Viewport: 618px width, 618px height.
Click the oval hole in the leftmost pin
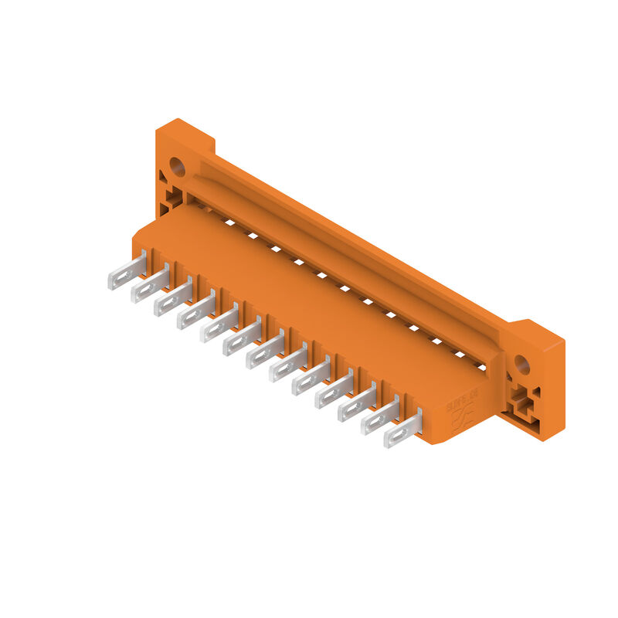pyautogui.click(x=121, y=276)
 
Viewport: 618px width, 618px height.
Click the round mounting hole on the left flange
pyautogui.click(x=177, y=165)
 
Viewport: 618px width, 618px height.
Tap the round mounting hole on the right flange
pyautogui.click(x=522, y=364)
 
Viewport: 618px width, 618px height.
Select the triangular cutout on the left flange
pyautogui.click(x=163, y=176)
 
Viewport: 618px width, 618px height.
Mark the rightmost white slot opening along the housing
pyautogui.click(x=480, y=366)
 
